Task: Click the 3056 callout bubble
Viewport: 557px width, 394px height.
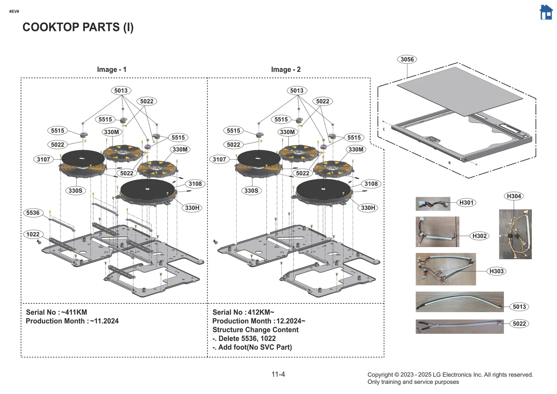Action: tap(407, 59)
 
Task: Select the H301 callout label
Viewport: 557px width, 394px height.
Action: tap(466, 202)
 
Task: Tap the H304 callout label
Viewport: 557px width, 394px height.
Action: tap(514, 196)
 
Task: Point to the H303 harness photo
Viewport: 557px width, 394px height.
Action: tap(446, 269)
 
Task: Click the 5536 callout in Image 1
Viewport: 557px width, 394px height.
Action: tap(33, 213)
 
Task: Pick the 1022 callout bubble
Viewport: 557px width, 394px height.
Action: tap(33, 234)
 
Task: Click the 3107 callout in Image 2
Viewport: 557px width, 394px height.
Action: tap(219, 159)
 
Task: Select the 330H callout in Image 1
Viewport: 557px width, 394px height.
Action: tap(192, 208)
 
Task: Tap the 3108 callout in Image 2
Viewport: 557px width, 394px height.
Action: tap(371, 184)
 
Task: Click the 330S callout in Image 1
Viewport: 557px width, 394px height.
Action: tap(76, 191)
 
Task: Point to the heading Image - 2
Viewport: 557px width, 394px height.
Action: tap(286, 69)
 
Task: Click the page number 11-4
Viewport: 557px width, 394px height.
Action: tap(278, 374)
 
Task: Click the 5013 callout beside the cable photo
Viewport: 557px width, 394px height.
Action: tap(519, 307)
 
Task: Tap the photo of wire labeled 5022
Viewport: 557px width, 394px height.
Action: tap(460, 326)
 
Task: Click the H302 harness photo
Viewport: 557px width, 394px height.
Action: tap(437, 232)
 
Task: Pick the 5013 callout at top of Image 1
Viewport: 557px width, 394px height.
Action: tap(121, 91)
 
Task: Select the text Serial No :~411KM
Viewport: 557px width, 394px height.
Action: tap(56, 312)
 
